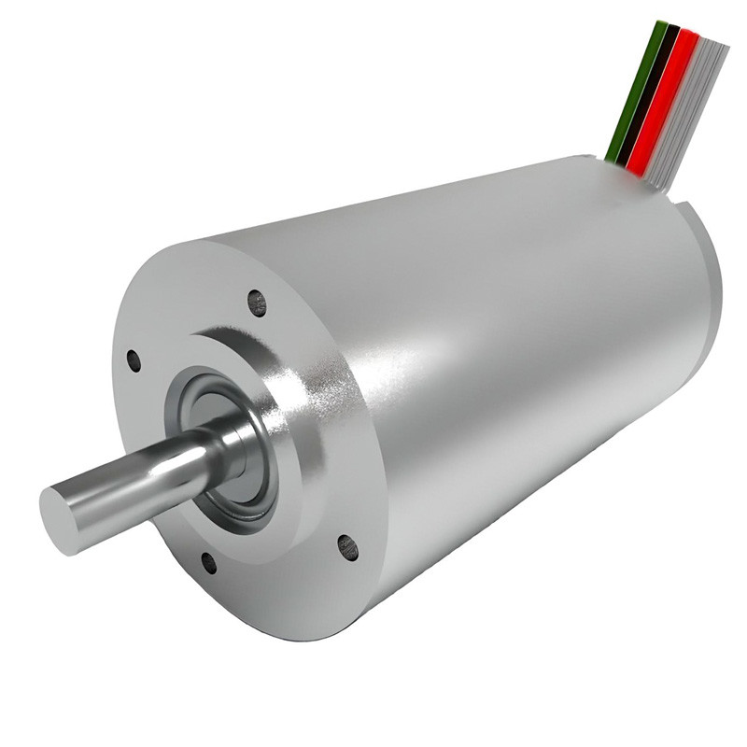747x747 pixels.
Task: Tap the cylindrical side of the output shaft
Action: (140, 481)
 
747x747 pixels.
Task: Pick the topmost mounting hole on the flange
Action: (256, 302)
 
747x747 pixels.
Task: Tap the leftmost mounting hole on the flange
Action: (134, 359)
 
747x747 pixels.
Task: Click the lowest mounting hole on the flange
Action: (208, 562)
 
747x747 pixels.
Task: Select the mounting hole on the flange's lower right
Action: (347, 546)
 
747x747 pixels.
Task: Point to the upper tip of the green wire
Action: (660, 25)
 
